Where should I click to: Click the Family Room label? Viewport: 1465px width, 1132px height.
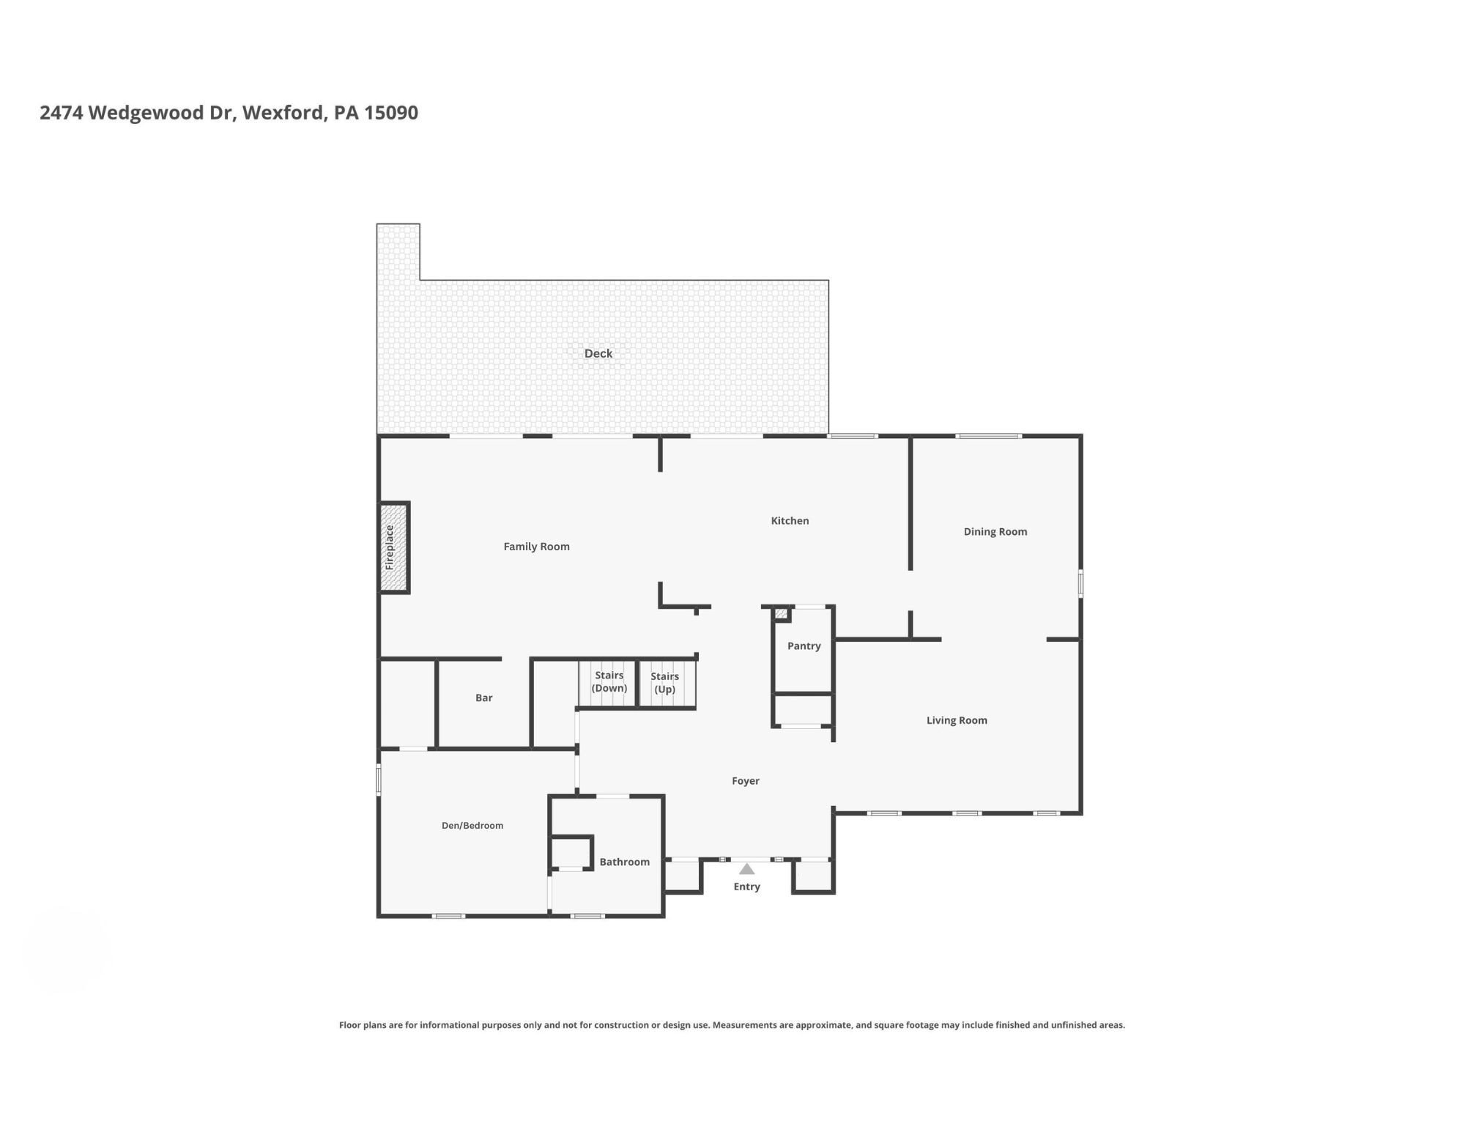click(x=536, y=547)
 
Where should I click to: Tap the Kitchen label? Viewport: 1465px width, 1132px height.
click(x=790, y=521)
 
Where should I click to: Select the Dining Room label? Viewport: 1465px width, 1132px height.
click(x=995, y=532)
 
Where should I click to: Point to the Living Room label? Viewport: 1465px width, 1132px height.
click(x=957, y=720)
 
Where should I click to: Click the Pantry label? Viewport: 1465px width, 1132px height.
click(x=804, y=646)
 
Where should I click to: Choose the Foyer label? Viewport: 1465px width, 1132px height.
click(x=746, y=781)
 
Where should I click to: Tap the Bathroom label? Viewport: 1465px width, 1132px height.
click(x=625, y=862)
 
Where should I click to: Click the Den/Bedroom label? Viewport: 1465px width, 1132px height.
click(x=472, y=826)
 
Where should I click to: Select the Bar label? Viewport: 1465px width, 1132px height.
click(x=484, y=698)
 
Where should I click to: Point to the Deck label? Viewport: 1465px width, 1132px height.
click(x=598, y=353)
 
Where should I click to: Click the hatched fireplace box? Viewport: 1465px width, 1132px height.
click(x=393, y=547)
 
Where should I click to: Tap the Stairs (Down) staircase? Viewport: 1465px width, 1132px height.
click(x=607, y=684)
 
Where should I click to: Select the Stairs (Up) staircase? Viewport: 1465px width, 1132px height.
click(x=667, y=684)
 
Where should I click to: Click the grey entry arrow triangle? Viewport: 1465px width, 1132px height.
click(x=746, y=869)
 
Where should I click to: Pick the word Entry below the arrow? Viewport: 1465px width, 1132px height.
click(x=746, y=887)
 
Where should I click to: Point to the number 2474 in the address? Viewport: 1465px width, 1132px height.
click(x=62, y=113)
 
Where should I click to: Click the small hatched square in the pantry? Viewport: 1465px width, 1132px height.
click(x=782, y=614)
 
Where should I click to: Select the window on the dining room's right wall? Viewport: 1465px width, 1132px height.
click(x=1080, y=584)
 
